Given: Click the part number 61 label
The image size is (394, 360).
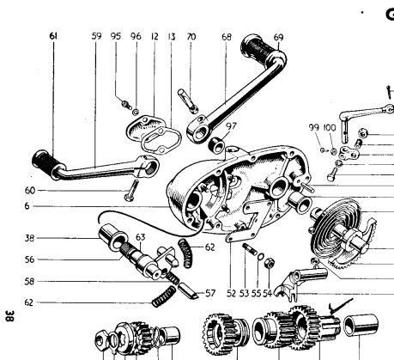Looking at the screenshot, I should (53, 37).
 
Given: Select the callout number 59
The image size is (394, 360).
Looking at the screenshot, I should (95, 37).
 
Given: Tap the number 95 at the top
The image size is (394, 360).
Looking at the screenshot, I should (116, 37).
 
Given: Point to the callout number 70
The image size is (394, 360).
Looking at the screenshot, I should (191, 37).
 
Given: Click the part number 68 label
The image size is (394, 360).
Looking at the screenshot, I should (227, 37).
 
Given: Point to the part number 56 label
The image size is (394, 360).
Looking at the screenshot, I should (30, 259).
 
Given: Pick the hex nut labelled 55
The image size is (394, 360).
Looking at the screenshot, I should (268, 259).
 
